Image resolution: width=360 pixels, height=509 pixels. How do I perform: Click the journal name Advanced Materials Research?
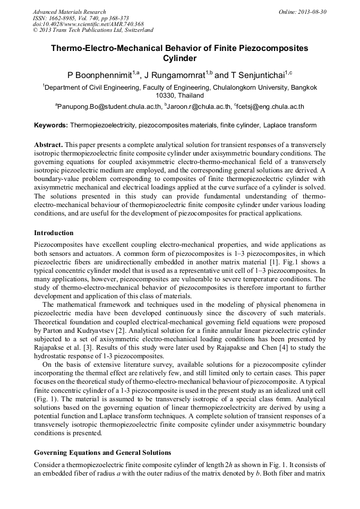click(69, 11)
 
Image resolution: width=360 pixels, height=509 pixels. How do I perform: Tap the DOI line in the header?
click(88, 24)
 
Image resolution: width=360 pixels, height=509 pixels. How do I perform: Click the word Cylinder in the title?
click(180, 58)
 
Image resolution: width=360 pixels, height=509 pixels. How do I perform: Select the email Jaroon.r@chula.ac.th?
click(200, 107)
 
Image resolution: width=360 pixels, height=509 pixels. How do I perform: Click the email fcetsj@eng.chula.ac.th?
click(270, 107)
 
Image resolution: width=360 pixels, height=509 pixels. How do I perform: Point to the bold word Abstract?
click(49, 144)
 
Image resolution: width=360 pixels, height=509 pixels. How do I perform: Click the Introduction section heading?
click(54, 233)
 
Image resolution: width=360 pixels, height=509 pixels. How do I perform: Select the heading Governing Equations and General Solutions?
click(102, 453)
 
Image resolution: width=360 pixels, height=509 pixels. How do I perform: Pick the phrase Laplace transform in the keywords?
click(290, 126)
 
